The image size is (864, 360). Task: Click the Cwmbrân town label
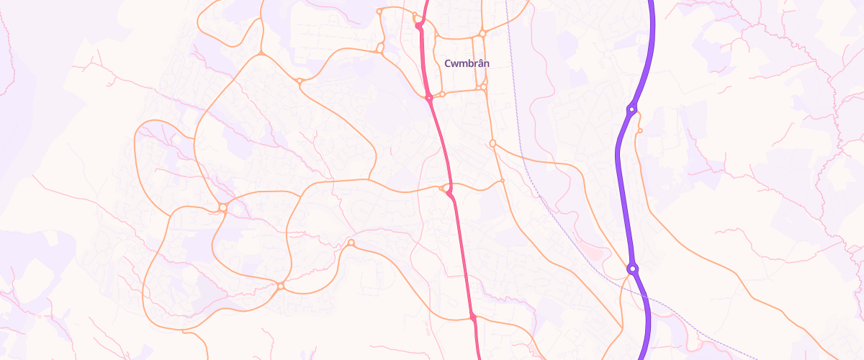[x=467, y=63]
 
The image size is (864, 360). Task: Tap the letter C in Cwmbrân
[x=448, y=63]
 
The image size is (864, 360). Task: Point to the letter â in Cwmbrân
[x=480, y=63]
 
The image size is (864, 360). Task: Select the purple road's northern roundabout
[x=631, y=109]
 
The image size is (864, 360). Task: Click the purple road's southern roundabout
[x=632, y=269]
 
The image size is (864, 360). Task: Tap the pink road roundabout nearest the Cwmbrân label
[x=428, y=97]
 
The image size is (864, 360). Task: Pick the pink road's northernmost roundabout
[x=418, y=26]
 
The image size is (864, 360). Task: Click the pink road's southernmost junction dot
[x=473, y=317]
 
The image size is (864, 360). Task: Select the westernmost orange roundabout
[x=223, y=207]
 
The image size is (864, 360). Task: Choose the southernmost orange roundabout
[x=281, y=287]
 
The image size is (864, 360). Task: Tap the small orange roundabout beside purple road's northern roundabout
[x=639, y=131]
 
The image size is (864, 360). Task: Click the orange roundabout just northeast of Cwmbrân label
[x=483, y=33]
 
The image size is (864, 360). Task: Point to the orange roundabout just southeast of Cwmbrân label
[x=483, y=88]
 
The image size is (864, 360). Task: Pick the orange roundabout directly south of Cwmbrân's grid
[x=492, y=143]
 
